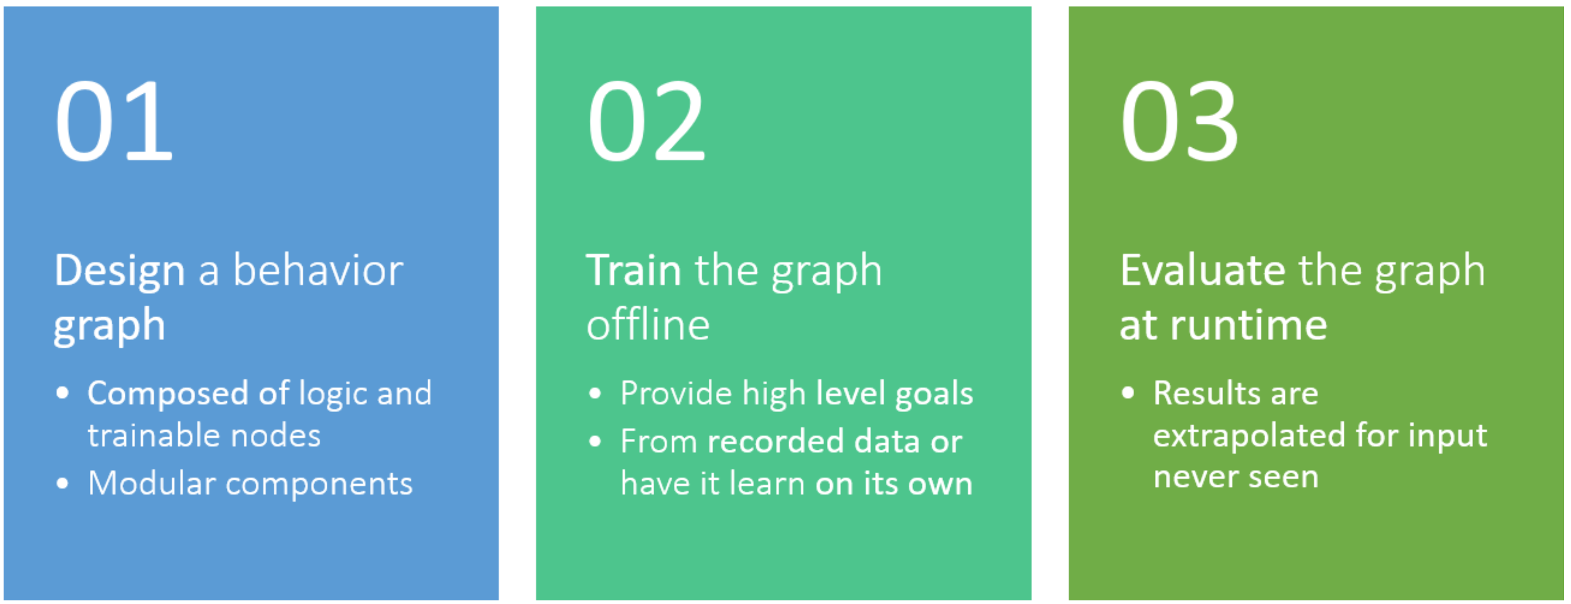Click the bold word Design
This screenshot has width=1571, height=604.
[120, 272]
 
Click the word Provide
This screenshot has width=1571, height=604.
[676, 393]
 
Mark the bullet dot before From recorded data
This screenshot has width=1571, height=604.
[595, 441]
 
